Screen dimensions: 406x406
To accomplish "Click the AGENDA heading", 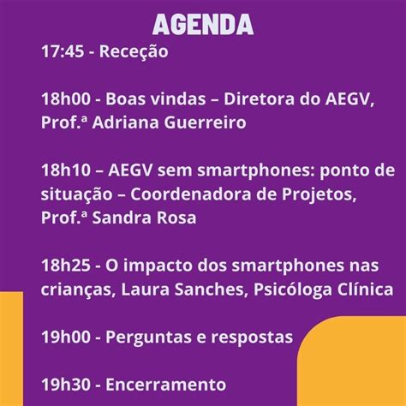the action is coord(203,24).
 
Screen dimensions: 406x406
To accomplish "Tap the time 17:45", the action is coord(63,51).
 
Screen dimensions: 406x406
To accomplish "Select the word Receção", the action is coord(134,52).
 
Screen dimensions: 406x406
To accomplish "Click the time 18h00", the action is coord(66,99).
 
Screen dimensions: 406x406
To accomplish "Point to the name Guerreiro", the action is coord(205,122).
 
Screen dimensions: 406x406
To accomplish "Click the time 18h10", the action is coord(66,170).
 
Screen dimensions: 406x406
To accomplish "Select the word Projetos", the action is coord(319,195).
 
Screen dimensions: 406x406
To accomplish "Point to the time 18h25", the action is coord(66,266).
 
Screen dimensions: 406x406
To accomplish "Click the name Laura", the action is coord(146,290).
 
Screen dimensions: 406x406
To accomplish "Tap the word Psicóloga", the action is coord(293,290).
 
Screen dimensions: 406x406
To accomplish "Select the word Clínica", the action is coord(366,289).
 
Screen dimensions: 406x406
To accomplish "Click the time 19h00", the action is coord(66,337).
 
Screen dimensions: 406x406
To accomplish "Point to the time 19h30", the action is coord(66,385).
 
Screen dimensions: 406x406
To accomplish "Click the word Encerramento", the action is coord(166,385).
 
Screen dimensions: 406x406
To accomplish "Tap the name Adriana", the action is coord(126,122).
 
